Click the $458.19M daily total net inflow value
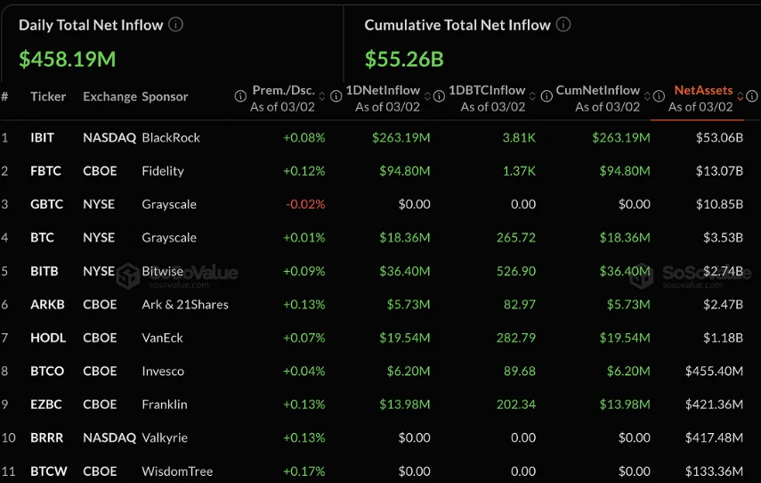pyautogui.click(x=68, y=60)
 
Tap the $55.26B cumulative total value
pyautogui.click(x=404, y=60)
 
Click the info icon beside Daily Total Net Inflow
pyautogui.click(x=176, y=25)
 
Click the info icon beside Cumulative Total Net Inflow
pyautogui.click(x=564, y=25)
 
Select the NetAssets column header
pyautogui.click(x=703, y=90)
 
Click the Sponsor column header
pyautogui.click(x=165, y=96)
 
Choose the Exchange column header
pyautogui.click(x=109, y=96)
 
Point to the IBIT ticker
pyautogui.click(x=43, y=137)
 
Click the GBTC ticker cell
pyautogui.click(x=46, y=204)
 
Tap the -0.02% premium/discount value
pyautogui.click(x=305, y=204)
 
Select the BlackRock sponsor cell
pyautogui.click(x=171, y=137)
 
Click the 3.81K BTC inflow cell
pyautogui.click(x=519, y=137)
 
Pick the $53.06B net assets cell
pyautogui.click(x=719, y=137)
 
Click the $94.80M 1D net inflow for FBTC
pyautogui.click(x=401, y=171)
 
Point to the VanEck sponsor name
pyautogui.click(x=163, y=338)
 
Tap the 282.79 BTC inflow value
pyautogui.click(x=516, y=338)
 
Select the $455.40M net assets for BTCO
pyautogui.click(x=714, y=371)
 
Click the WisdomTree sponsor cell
pyautogui.click(x=177, y=471)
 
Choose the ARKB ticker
pyautogui.click(x=47, y=304)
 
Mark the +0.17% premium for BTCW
pyautogui.click(x=304, y=471)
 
